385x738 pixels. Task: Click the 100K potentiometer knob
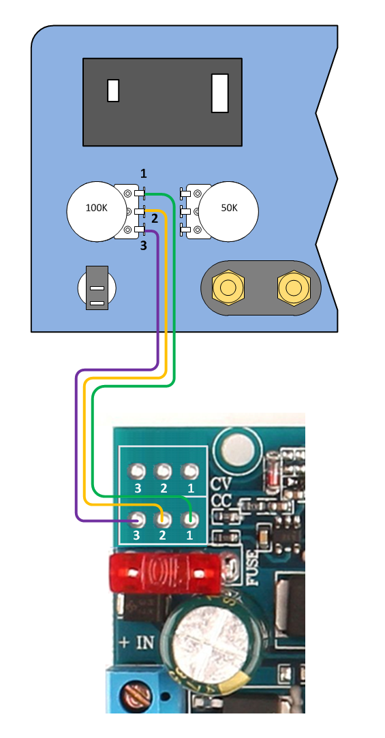tap(97, 212)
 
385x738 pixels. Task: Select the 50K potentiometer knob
tap(229, 212)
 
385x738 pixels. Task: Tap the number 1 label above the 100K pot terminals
tap(144, 174)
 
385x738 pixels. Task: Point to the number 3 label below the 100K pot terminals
tap(144, 245)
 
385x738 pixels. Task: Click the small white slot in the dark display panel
tap(113, 91)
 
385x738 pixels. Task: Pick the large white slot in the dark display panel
tap(220, 93)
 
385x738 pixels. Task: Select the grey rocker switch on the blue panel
tap(97, 288)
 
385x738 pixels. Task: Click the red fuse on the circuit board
tap(165, 572)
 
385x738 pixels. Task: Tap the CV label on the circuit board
tap(222, 484)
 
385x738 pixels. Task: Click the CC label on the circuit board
tap(222, 501)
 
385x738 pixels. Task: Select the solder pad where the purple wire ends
tap(138, 520)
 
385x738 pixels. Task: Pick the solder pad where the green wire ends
tap(191, 520)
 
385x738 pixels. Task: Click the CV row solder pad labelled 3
tap(138, 471)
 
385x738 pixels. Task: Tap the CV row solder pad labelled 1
tap(191, 471)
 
